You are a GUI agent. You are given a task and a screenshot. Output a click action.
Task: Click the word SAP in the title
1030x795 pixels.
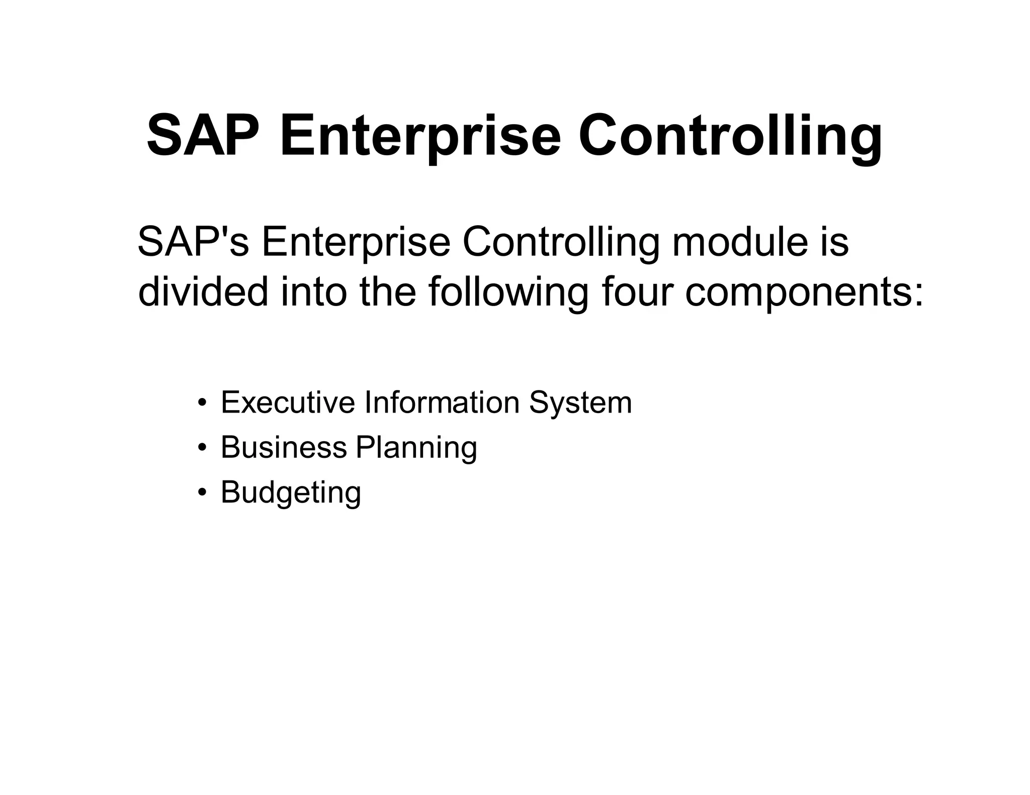(x=203, y=136)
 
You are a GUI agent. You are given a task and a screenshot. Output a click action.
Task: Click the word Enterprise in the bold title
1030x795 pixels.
(x=419, y=136)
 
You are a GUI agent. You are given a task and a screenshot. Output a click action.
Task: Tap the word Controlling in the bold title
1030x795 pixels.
(x=730, y=136)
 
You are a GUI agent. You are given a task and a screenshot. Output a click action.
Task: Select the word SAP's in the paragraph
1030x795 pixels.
(x=193, y=242)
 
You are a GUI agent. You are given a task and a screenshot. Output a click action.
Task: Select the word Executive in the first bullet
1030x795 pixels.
(x=287, y=403)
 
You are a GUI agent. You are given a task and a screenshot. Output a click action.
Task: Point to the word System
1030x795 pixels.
(x=580, y=403)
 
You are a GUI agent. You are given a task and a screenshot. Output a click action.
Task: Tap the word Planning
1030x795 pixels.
(x=416, y=447)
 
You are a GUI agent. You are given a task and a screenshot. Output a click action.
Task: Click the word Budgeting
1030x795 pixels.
(x=291, y=492)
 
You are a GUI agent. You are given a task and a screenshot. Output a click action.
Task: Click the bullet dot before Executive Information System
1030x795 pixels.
(x=202, y=404)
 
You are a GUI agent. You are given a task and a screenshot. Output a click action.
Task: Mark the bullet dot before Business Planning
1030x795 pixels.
(x=202, y=448)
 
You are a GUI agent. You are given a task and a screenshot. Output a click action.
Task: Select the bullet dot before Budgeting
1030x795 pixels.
(x=202, y=493)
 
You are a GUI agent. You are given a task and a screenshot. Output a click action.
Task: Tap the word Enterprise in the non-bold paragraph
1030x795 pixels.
(x=356, y=242)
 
